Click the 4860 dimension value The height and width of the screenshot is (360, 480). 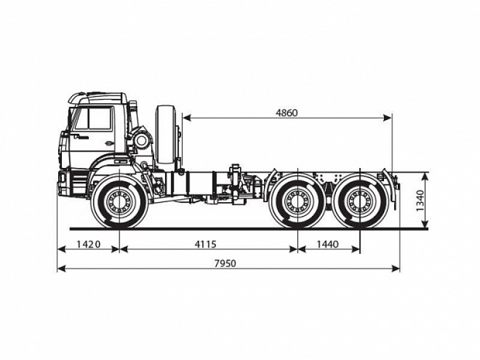[x=287, y=112]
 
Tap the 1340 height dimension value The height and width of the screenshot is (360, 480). [x=419, y=201]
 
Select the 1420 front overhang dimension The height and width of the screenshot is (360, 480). [x=88, y=244]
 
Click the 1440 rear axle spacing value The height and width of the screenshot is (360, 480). [x=328, y=244]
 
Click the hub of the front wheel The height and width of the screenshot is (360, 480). [x=119, y=202]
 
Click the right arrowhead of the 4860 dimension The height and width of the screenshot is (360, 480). [x=388, y=118]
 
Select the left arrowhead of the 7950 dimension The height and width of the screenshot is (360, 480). [x=61, y=268]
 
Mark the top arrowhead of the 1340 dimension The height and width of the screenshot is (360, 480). [x=425, y=176]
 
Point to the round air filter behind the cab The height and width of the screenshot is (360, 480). [x=142, y=141]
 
